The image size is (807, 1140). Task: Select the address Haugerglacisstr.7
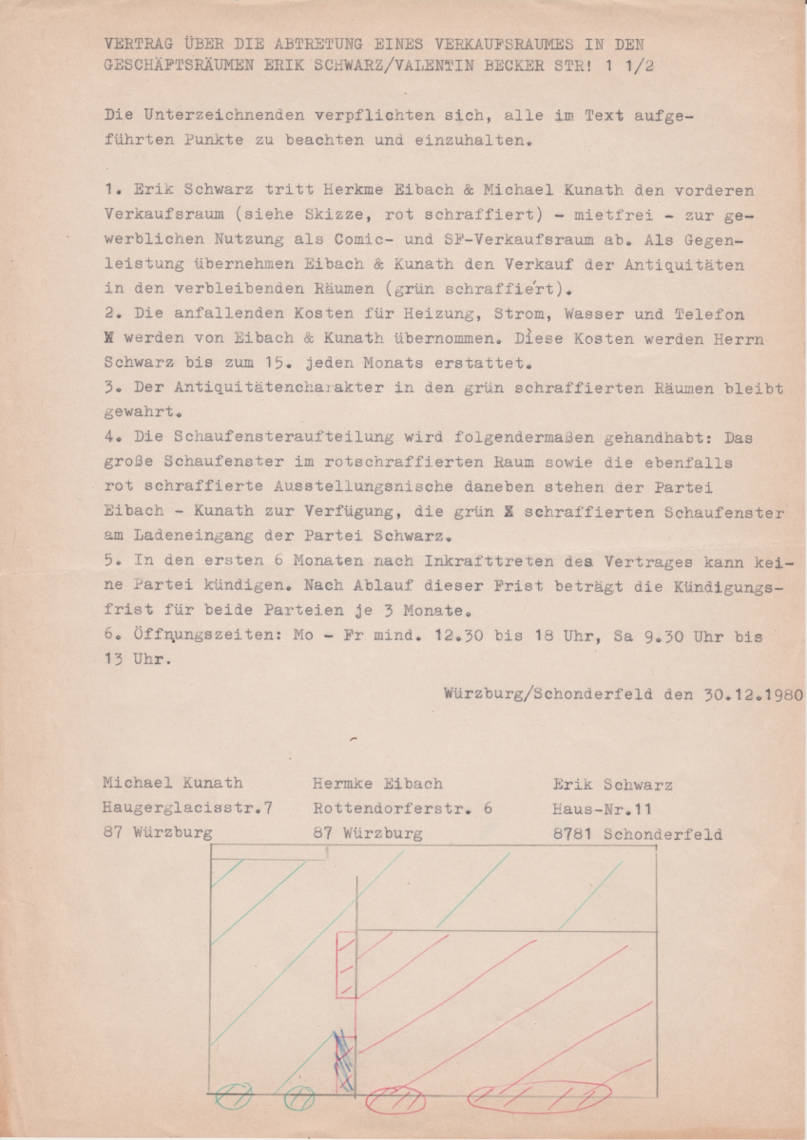[188, 808]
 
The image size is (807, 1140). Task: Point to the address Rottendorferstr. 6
[402, 808]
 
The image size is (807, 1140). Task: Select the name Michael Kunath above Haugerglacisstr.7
[172, 784]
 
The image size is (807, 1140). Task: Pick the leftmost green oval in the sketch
[233, 1096]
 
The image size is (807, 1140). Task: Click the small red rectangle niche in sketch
[346, 965]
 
